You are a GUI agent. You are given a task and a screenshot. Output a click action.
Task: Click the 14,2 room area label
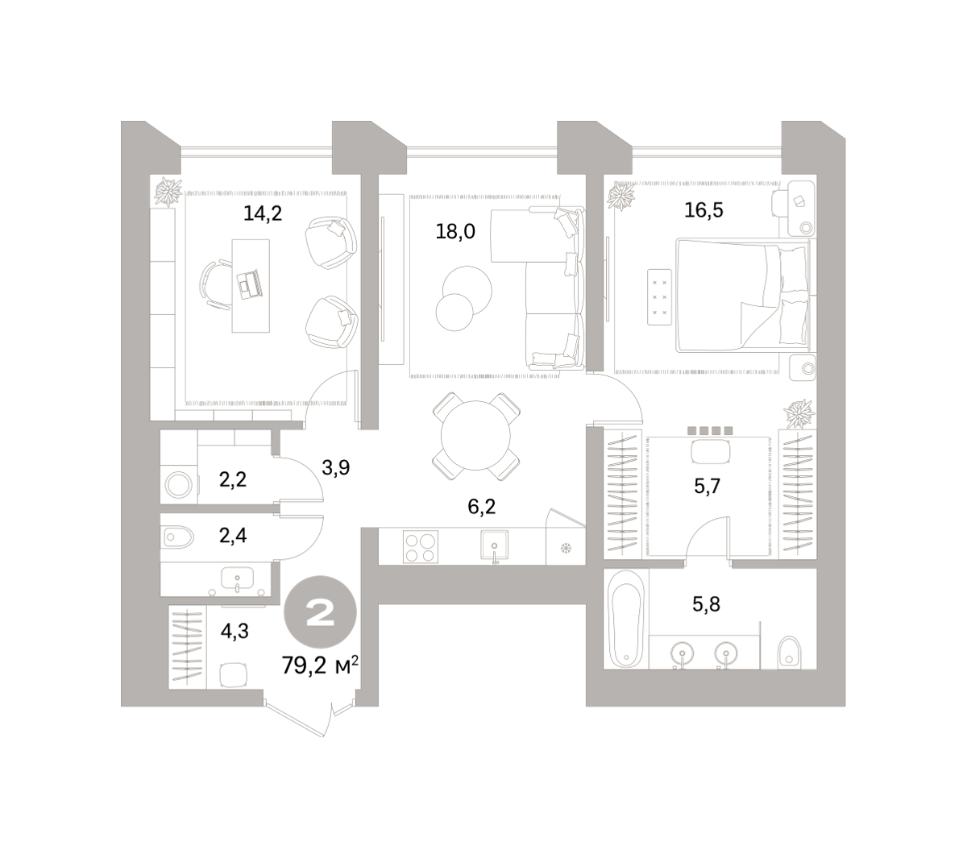(x=263, y=213)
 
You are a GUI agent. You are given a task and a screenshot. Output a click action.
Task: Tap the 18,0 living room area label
(x=454, y=231)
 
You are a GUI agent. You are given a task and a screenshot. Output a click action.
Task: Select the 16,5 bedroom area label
(x=703, y=210)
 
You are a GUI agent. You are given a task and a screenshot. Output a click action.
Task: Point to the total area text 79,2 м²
(x=320, y=665)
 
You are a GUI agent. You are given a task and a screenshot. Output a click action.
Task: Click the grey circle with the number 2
(x=320, y=612)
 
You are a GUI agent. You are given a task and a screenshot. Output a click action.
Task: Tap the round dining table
(x=475, y=435)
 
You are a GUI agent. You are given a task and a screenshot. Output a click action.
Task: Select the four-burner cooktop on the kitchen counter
(x=420, y=547)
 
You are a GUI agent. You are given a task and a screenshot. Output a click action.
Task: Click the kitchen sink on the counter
(x=494, y=545)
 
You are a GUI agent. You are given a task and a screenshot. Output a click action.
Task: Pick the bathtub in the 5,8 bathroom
(x=626, y=619)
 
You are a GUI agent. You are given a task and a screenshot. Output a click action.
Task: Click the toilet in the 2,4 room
(x=178, y=538)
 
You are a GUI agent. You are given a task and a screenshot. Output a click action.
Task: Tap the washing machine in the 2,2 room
(x=179, y=485)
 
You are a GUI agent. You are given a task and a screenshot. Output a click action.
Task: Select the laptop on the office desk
(x=250, y=285)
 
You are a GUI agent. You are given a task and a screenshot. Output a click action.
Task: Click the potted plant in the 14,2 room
(x=168, y=192)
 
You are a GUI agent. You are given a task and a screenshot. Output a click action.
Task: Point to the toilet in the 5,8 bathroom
(x=789, y=653)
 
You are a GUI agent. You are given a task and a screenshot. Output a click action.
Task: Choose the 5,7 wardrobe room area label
(x=707, y=487)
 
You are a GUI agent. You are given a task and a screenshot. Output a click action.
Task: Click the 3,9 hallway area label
(x=335, y=467)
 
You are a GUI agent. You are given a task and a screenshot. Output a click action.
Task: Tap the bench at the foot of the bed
(x=659, y=296)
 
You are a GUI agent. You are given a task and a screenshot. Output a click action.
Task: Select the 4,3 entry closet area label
(x=234, y=632)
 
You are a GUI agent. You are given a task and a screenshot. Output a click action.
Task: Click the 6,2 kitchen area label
(x=482, y=506)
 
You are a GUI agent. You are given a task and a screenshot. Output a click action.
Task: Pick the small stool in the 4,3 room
(x=234, y=675)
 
